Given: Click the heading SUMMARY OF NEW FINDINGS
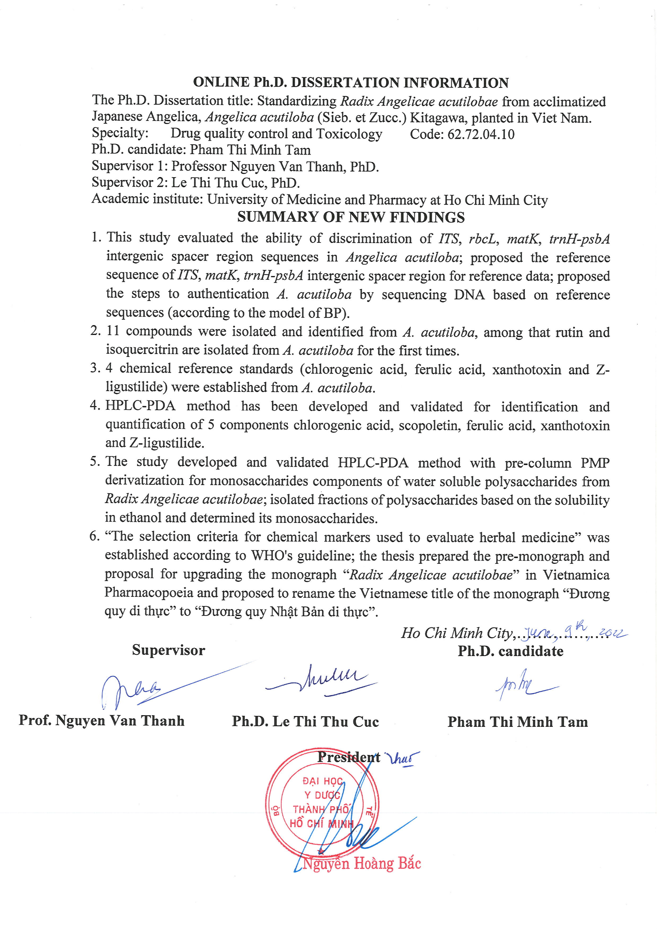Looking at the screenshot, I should pos(351,217).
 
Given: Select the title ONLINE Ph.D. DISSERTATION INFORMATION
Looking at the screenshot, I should pos(351,83).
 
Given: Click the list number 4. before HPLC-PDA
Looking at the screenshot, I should pos(95,405).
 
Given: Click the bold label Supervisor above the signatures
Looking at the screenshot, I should pos(168,650).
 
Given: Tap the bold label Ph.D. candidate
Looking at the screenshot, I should pos(510,651).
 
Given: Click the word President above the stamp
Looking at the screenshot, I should pos(348,757).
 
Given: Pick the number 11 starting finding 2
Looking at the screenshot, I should pos(113,331).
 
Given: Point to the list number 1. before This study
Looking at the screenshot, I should pos(96,237).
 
